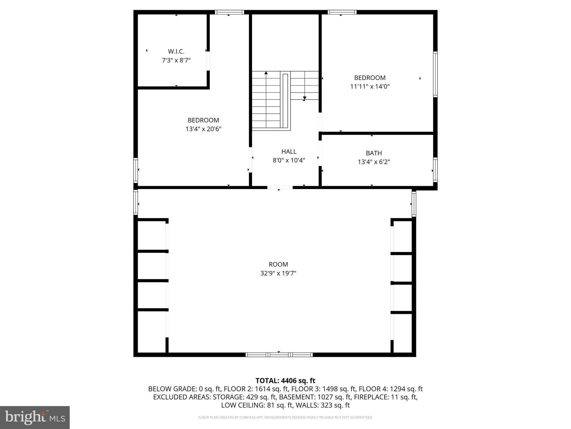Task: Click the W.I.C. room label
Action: pyautogui.click(x=176, y=51)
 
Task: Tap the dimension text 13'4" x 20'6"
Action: pyautogui.click(x=203, y=129)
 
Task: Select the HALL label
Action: pyautogui.click(x=289, y=152)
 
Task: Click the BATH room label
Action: pyautogui.click(x=374, y=153)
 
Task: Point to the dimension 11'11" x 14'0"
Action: pyautogui.click(x=370, y=87)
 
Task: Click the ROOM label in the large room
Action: pyautogui.click(x=278, y=264)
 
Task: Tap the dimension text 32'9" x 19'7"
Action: pyautogui.click(x=278, y=273)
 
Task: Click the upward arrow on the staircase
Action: pyautogui.click(x=266, y=73)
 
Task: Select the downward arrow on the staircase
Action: pyautogui.click(x=304, y=98)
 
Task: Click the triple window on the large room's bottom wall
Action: pyautogui.click(x=279, y=355)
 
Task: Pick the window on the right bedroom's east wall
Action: pyautogui.click(x=435, y=74)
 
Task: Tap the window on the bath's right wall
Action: pyautogui.click(x=435, y=170)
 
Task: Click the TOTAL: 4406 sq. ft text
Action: pyautogui.click(x=285, y=381)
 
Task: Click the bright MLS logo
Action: pyautogui.click(x=35, y=417)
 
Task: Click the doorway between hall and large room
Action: pyautogui.click(x=280, y=187)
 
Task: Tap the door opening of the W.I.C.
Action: pyautogui.click(x=208, y=61)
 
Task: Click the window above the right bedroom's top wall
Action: pyautogui.click(x=342, y=12)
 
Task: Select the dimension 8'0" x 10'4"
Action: pyautogui.click(x=289, y=160)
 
